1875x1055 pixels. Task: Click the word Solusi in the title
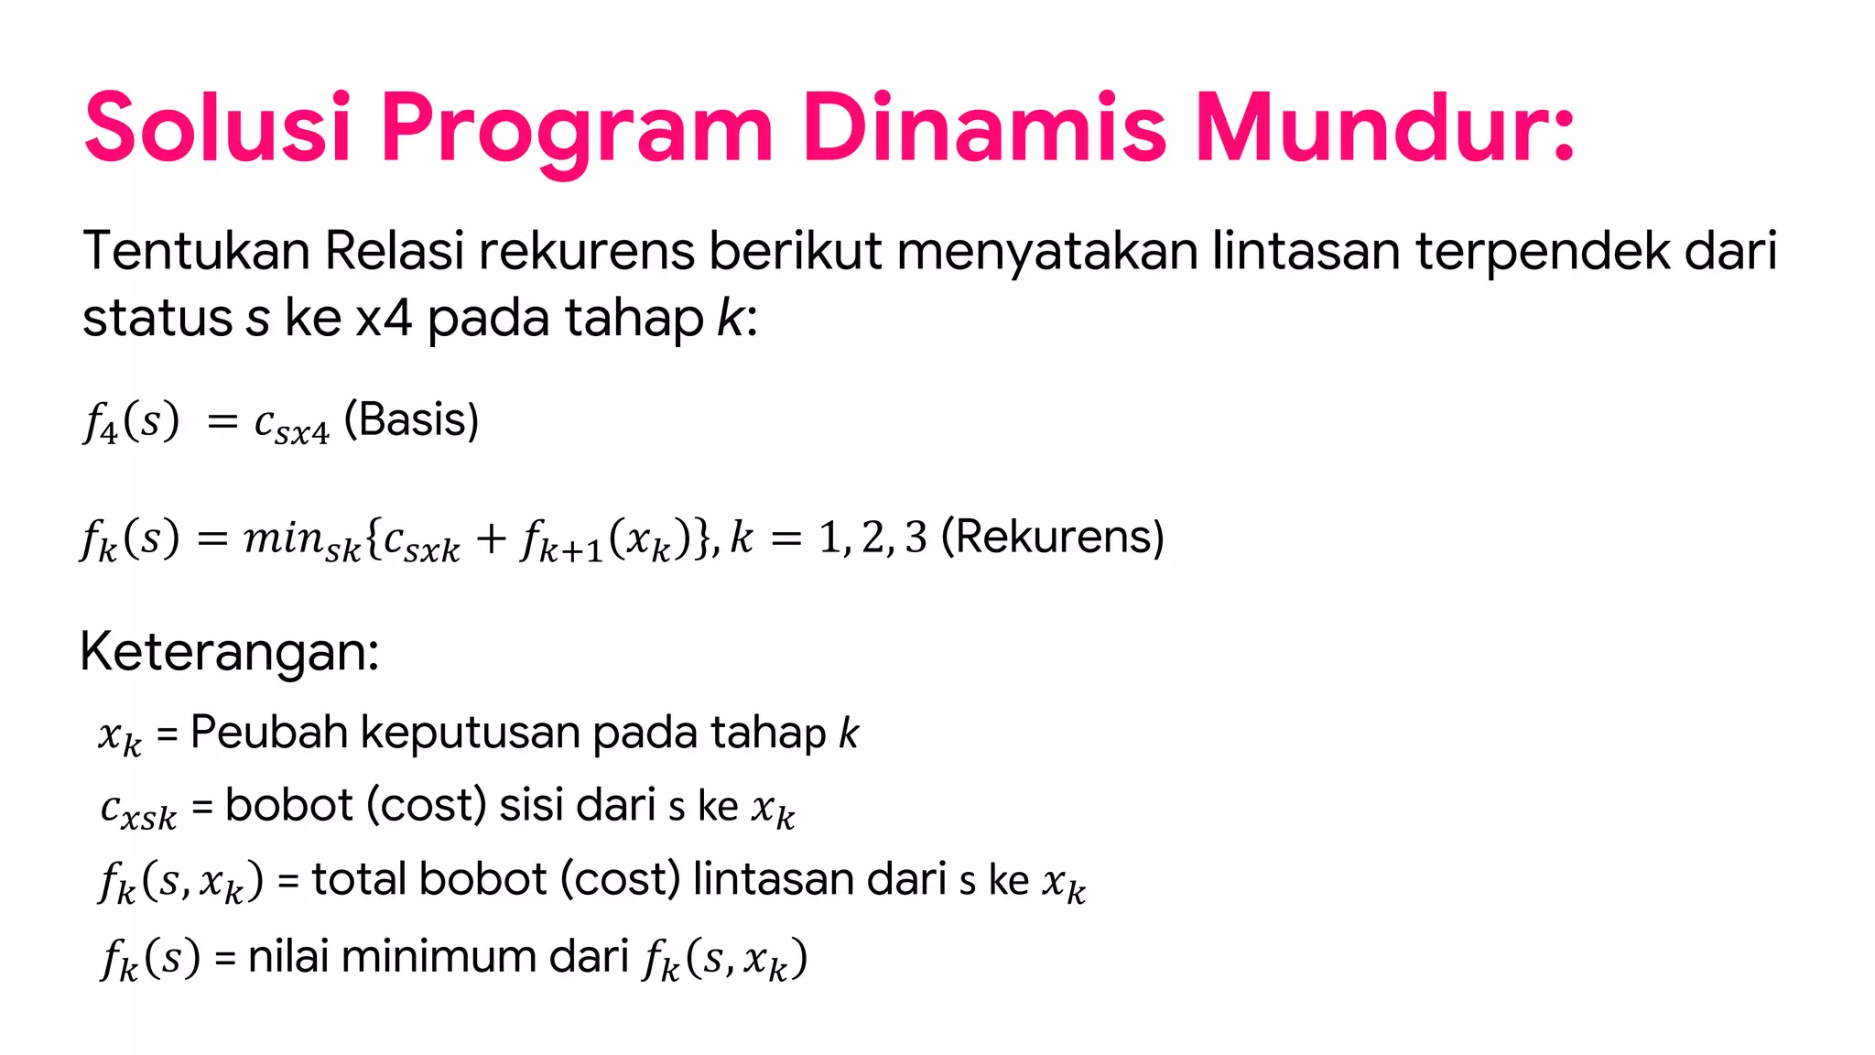[x=218, y=127]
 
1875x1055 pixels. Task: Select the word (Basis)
[x=411, y=420]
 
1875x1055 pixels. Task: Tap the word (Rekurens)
[x=1053, y=537]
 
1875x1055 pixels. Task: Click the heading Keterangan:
[x=229, y=652]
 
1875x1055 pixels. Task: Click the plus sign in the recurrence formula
[x=491, y=538]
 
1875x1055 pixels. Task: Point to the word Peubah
[x=269, y=733]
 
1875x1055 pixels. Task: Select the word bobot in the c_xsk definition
[x=288, y=805]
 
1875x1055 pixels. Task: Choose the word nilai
[x=288, y=956]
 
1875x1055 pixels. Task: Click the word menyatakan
[x=1046, y=252]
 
